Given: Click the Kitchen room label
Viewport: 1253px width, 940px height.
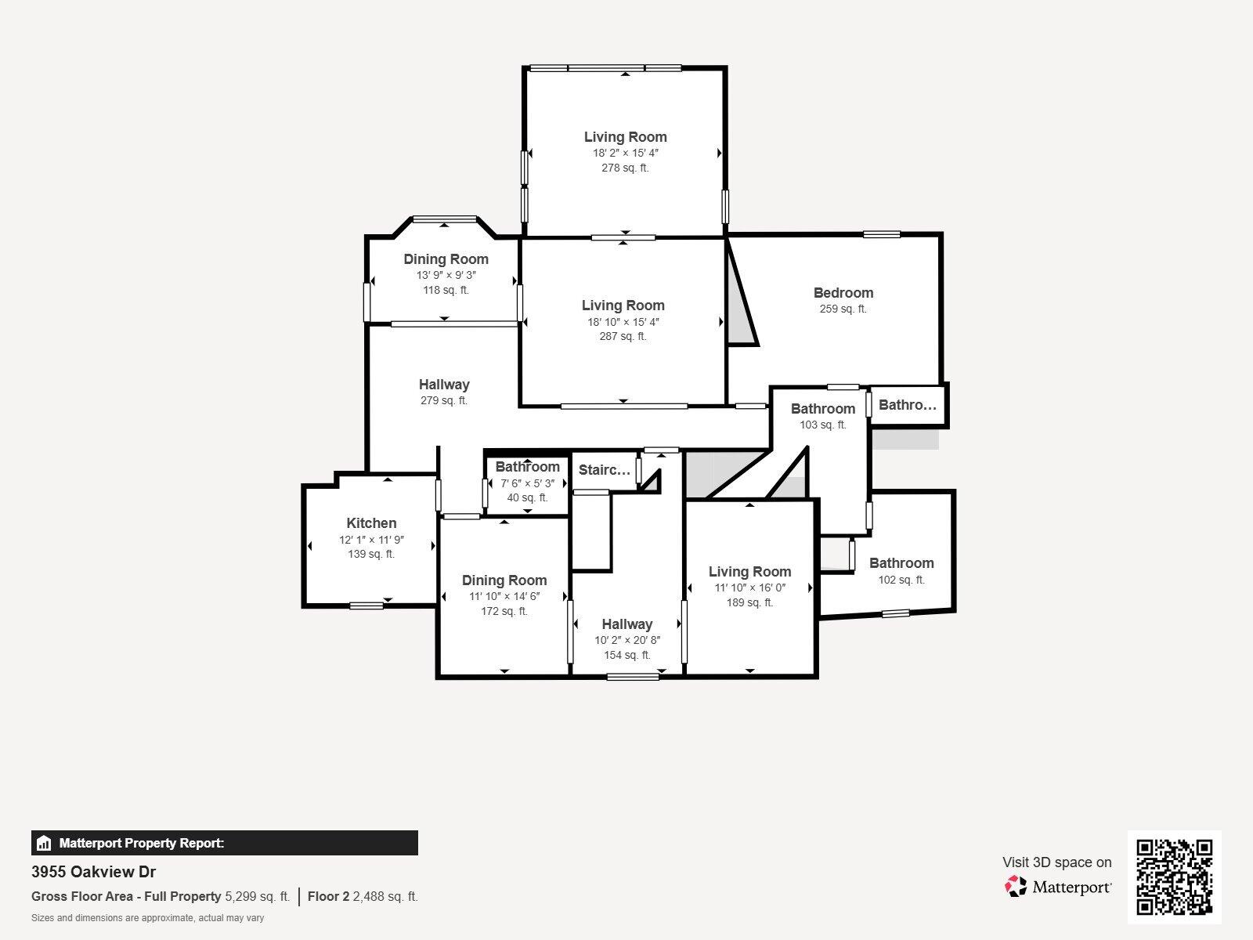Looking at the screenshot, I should click(x=371, y=523).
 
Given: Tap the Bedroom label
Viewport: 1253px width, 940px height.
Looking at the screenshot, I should click(x=843, y=293).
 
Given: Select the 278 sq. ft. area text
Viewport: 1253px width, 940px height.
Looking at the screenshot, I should click(x=625, y=168).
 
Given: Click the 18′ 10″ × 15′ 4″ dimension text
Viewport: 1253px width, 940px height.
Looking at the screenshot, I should click(x=623, y=321).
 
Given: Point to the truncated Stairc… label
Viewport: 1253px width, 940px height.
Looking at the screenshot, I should click(x=604, y=470).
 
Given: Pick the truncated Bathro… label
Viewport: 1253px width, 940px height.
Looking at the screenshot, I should click(x=907, y=405).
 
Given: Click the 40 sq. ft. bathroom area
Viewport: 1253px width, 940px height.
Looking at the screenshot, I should click(x=527, y=497).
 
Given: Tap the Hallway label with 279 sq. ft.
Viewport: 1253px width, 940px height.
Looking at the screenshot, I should click(x=444, y=385).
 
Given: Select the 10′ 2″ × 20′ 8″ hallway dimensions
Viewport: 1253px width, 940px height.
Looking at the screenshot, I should click(x=626, y=640).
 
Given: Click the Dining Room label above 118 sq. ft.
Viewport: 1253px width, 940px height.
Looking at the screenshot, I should click(x=446, y=259).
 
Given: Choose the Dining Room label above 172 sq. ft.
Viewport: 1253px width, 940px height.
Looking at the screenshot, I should click(x=504, y=580).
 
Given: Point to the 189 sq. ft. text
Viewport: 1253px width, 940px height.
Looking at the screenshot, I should click(x=749, y=602).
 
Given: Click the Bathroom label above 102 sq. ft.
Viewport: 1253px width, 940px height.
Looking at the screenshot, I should click(x=901, y=563).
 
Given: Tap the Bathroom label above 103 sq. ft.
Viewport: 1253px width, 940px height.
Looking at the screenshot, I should click(x=822, y=409).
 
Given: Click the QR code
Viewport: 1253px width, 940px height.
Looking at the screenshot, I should click(x=1174, y=877).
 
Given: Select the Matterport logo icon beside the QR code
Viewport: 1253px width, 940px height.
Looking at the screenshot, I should click(x=1016, y=887).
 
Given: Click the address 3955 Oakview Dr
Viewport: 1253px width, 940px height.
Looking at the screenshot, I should click(x=93, y=872).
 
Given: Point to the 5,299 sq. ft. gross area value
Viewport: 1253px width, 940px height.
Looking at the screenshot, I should click(x=257, y=896).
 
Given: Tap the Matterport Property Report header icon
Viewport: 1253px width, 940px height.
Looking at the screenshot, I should click(x=44, y=844).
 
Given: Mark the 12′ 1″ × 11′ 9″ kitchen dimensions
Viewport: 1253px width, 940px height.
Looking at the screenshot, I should click(x=371, y=540).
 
